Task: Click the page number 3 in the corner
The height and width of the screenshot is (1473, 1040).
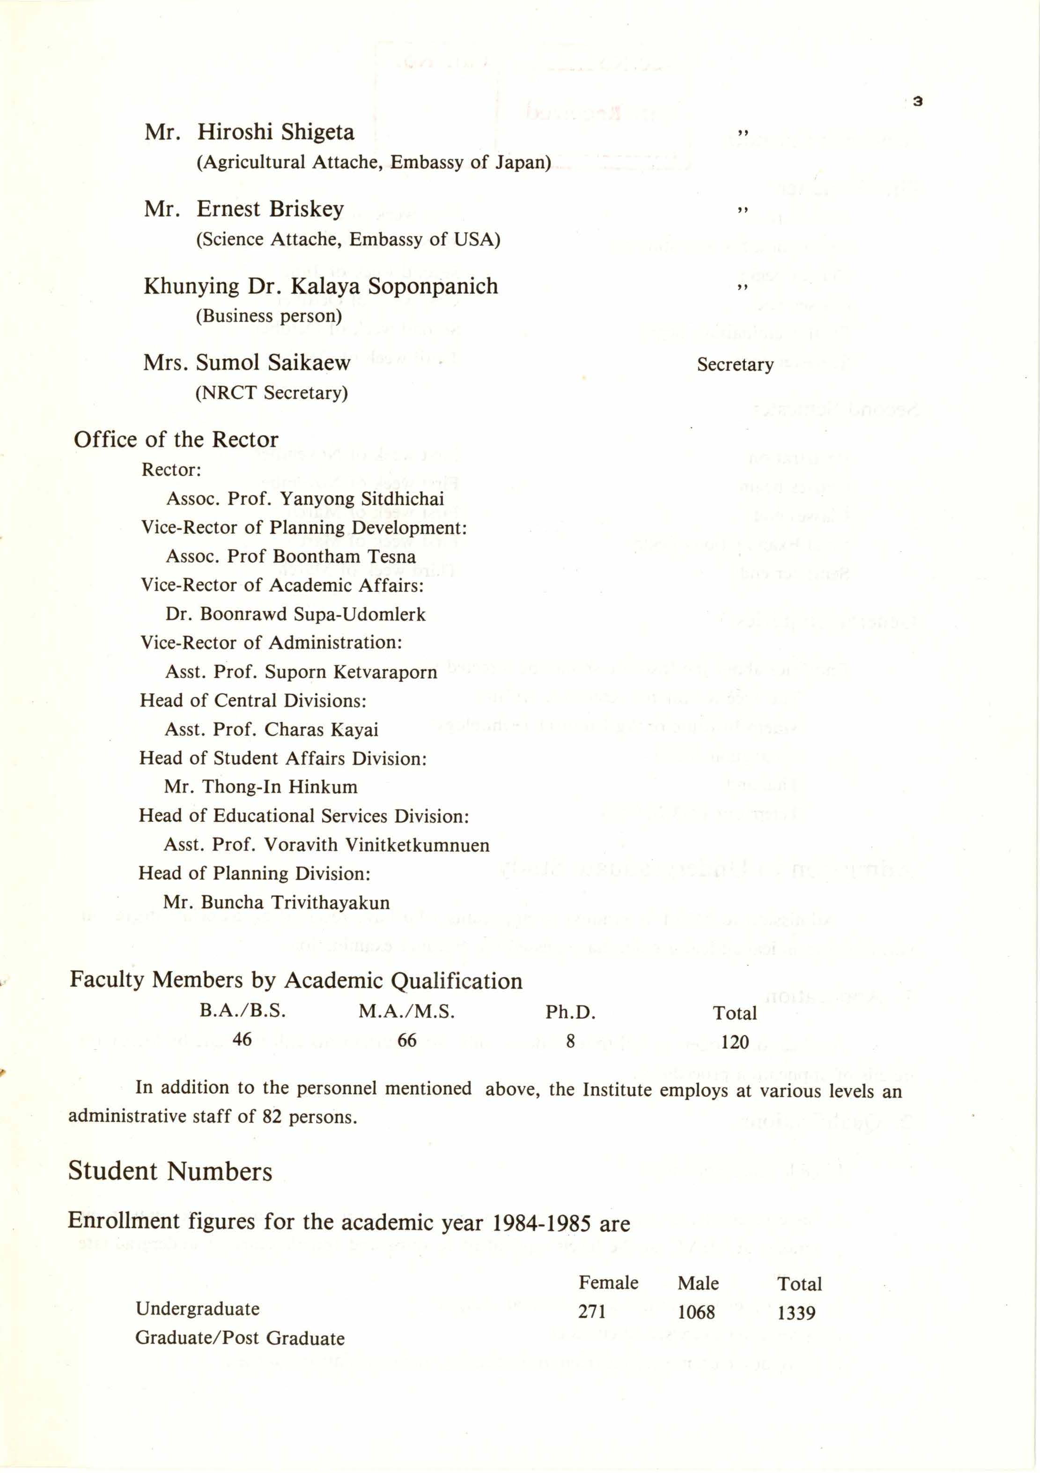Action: pyautogui.click(x=917, y=101)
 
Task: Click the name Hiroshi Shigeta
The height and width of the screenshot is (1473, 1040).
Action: pyautogui.click(x=275, y=132)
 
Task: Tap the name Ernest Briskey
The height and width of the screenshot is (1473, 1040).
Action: pyautogui.click(x=270, y=209)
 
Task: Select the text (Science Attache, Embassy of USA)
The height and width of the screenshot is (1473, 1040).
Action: pyautogui.click(x=348, y=239)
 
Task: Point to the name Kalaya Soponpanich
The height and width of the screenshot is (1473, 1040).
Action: pyautogui.click(x=394, y=286)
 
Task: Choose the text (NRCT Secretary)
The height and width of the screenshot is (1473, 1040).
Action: pyautogui.click(x=272, y=393)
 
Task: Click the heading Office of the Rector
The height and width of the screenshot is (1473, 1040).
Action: pyautogui.click(x=176, y=440)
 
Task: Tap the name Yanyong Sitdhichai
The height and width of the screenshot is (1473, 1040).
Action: pyautogui.click(x=362, y=499)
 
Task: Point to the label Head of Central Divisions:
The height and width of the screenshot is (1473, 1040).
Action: pyautogui.click(x=253, y=700)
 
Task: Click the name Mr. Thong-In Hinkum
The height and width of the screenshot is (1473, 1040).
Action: pyautogui.click(x=260, y=787)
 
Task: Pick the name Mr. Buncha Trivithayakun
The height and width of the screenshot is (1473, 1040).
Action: pyautogui.click(x=277, y=903)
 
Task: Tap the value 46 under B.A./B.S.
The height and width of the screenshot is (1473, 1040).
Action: pyautogui.click(x=242, y=1039)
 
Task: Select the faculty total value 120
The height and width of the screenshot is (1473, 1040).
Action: pyautogui.click(x=735, y=1042)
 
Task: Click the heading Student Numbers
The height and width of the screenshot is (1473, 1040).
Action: pyautogui.click(x=170, y=1171)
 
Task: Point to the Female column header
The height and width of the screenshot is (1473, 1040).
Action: pyautogui.click(x=608, y=1283)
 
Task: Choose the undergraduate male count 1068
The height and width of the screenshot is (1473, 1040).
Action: pyautogui.click(x=696, y=1312)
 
